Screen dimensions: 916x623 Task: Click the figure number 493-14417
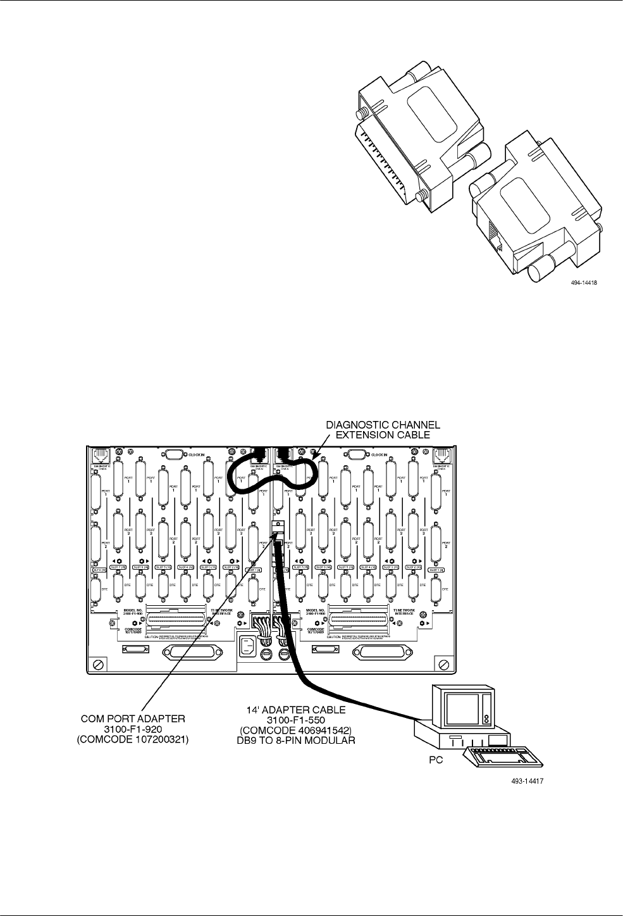point(528,782)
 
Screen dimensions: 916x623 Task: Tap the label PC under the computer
point(431,763)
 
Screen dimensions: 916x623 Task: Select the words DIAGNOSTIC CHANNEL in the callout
point(383,425)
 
